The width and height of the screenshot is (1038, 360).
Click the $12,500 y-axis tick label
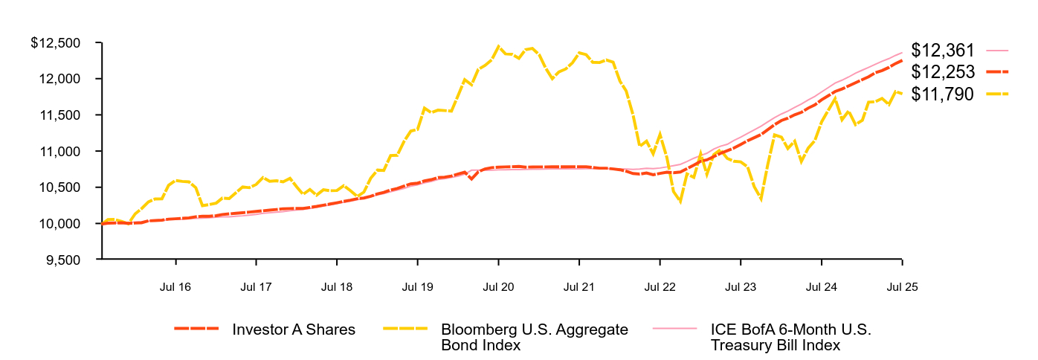point(56,43)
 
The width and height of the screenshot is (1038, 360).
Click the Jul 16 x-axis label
point(175,286)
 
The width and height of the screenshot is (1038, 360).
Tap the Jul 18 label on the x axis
point(337,286)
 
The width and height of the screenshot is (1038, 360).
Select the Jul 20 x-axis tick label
point(498,286)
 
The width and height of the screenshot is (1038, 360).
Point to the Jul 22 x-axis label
point(660,286)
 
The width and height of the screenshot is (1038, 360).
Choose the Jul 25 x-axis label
point(902,286)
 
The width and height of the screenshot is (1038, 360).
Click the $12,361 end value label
point(943,51)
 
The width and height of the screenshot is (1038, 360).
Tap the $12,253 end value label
point(943,72)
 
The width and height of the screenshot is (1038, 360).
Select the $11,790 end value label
point(943,94)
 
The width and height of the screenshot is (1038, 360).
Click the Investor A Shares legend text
point(294,330)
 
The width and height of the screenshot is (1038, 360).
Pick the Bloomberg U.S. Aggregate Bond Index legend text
point(535,337)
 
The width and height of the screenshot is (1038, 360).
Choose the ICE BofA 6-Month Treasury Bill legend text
point(790,337)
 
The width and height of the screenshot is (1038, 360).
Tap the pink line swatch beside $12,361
point(997,51)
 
